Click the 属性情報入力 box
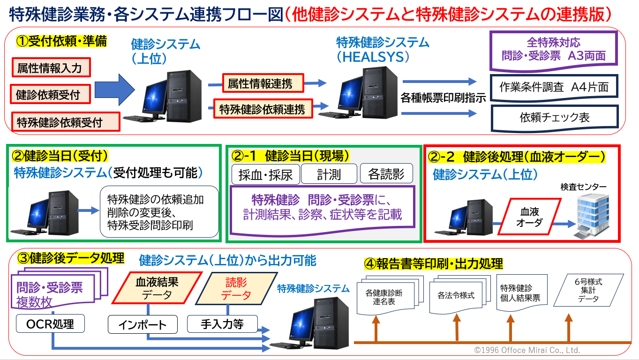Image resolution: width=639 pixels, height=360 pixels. click(x=50, y=68)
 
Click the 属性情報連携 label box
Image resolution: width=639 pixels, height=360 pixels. click(x=263, y=83)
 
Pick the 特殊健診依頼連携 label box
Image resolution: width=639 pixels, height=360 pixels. click(x=263, y=109)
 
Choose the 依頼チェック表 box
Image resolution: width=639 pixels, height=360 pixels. click(x=555, y=117)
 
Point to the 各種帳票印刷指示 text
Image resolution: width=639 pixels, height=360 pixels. click(x=443, y=98)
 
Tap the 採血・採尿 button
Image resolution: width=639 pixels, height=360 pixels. click(x=265, y=174)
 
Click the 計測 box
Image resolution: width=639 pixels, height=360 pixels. click(x=329, y=174)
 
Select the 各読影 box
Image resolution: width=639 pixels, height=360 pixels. click(x=386, y=174)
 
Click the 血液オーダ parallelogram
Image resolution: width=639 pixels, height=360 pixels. click(x=529, y=217)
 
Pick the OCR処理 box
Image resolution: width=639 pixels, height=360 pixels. click(x=50, y=323)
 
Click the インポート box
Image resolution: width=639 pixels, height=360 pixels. click(x=143, y=324)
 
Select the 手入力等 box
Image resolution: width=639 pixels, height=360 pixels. click(x=222, y=324)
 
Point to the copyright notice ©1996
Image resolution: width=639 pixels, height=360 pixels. click(x=527, y=350)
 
